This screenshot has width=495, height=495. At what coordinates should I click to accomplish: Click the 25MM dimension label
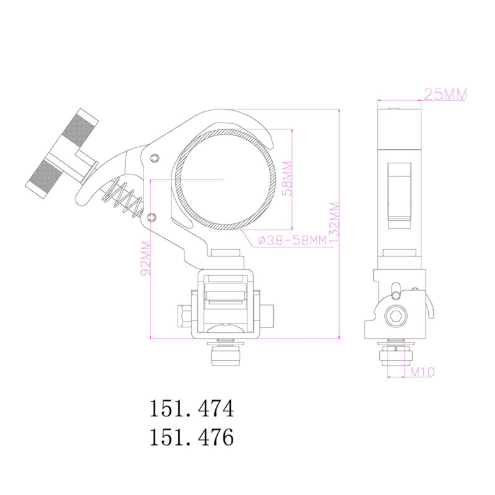click(x=445, y=94)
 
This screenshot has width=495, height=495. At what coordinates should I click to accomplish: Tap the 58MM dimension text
click(x=287, y=179)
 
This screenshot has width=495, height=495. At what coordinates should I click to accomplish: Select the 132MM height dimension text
click(x=334, y=223)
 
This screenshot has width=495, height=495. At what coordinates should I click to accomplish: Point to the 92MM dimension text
click(x=145, y=258)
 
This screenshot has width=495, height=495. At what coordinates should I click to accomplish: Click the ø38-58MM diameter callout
click(x=292, y=241)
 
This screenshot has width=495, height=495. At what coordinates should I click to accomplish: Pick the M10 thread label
click(x=423, y=372)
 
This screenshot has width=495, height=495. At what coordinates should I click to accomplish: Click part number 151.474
click(x=192, y=408)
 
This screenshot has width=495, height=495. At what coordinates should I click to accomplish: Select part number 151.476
click(x=192, y=437)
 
